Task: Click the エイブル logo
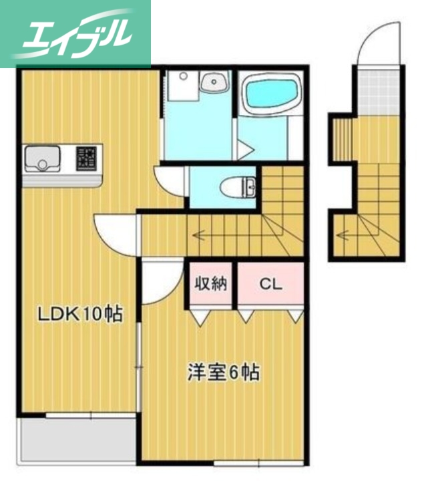tap(75, 33)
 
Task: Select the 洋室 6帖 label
tap(223, 373)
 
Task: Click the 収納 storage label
tap(211, 283)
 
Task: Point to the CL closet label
tap(270, 284)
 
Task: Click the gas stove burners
tap(86, 158)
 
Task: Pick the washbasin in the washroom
tap(214, 84)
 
